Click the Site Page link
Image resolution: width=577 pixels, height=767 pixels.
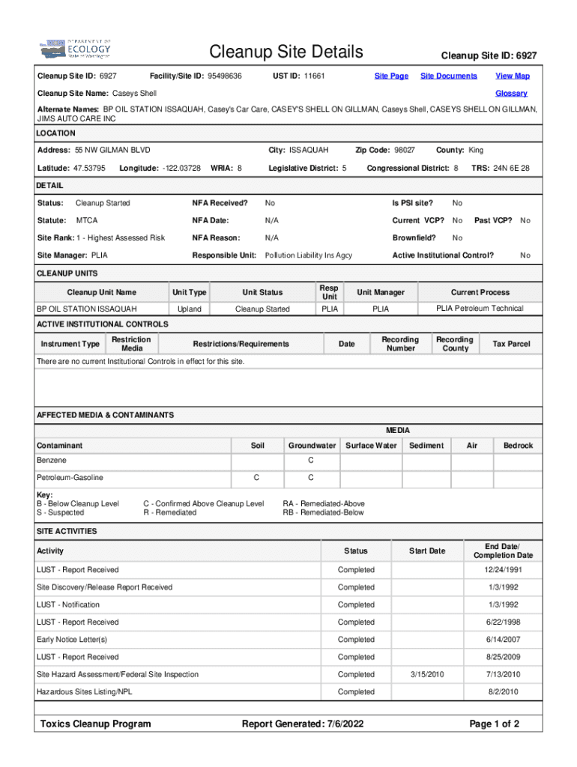[x=391, y=76]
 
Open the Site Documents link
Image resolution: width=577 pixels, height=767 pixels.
[x=448, y=76]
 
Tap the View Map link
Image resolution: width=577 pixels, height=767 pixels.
[x=513, y=76]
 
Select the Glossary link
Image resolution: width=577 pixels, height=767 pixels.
[x=511, y=94]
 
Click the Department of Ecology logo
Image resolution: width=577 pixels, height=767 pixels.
[x=75, y=50]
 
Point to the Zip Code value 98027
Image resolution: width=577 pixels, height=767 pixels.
[x=405, y=151]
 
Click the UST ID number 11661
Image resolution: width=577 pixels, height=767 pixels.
[x=314, y=76]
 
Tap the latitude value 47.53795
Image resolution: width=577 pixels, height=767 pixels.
[x=88, y=168]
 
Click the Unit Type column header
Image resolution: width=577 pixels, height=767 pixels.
[x=189, y=292]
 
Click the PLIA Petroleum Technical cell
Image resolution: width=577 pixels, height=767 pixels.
[x=480, y=309]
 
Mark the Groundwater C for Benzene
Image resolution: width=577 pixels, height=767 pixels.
[x=311, y=460]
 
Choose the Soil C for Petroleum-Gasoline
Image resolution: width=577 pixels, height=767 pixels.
[x=256, y=478]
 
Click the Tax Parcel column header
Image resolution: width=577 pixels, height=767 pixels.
[x=511, y=344]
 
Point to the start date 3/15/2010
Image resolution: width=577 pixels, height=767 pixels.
[x=427, y=675]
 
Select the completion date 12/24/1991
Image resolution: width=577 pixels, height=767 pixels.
[x=503, y=570]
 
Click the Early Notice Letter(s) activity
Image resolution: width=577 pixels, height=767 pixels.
[x=72, y=640]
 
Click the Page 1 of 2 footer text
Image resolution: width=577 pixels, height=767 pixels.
[x=494, y=724]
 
